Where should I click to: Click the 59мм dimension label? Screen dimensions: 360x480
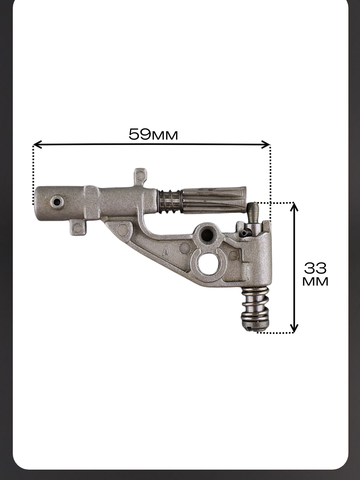tap(153, 134)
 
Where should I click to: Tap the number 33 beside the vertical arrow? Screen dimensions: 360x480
tap(315, 268)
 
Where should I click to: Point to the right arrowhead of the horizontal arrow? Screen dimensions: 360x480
tap(266, 144)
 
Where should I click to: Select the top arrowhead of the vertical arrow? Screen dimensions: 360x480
tap(294, 207)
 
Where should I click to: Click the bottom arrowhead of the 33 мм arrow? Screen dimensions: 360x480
tap(294, 328)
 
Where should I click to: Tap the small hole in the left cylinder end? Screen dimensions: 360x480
tap(57, 202)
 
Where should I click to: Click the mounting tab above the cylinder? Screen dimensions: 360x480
tap(140, 176)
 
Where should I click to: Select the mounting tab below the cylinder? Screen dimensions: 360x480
tap(78, 228)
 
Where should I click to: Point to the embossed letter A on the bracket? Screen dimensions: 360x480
tap(166, 252)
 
